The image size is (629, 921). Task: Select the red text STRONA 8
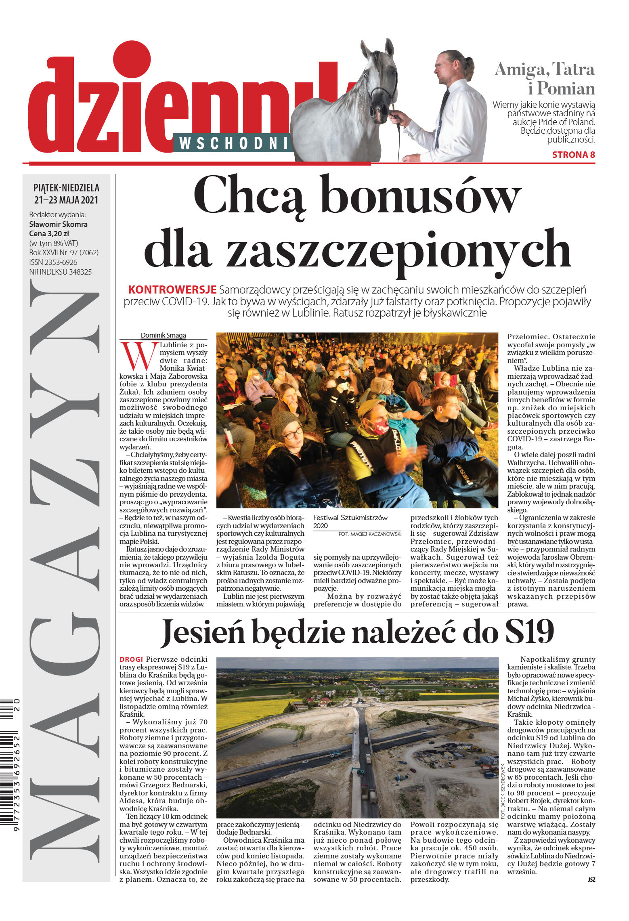[573, 155]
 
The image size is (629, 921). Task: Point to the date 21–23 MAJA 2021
[66, 200]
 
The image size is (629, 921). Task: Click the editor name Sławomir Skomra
[58, 224]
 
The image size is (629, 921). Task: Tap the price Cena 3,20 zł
[49, 233]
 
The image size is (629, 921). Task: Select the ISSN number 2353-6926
[53, 262]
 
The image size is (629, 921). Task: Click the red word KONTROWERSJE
[172, 290]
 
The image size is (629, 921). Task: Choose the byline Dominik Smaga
[163, 335]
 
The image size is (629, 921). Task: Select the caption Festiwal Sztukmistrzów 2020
[350, 521]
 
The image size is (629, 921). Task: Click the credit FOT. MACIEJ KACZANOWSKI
[370, 534]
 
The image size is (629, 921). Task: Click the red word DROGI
[131, 659]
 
